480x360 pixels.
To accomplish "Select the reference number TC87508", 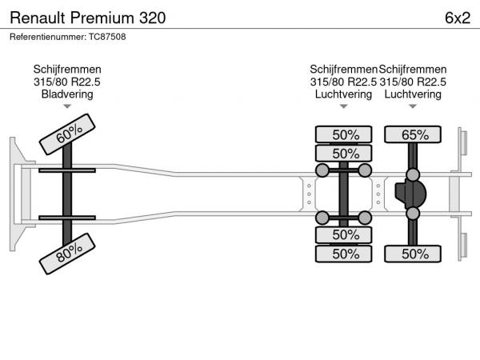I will click(68, 36).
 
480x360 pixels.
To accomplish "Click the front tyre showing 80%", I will click(68, 254).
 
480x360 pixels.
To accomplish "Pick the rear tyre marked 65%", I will click(414, 134).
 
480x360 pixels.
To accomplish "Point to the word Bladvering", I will click(67, 94).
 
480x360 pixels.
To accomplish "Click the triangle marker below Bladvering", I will click(67, 106).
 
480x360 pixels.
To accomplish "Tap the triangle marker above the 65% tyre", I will click(413, 106).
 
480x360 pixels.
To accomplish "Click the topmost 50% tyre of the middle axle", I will click(345, 134).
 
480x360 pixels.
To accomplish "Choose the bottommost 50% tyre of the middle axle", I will click(345, 254).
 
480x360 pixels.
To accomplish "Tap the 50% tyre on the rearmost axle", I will click(414, 254).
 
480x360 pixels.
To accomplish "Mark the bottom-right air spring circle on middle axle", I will click(365, 218).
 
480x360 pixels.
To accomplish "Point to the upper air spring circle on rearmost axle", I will click(413, 174).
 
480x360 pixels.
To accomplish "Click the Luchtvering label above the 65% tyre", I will click(413, 94).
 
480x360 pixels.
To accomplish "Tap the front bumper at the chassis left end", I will click(16, 194).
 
